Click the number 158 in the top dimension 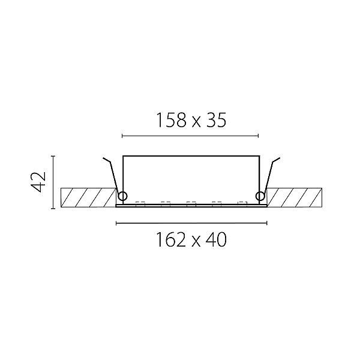[x=171, y=120]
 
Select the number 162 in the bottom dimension [x=171, y=239]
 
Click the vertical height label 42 [x=38, y=182]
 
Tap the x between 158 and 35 [x=196, y=122]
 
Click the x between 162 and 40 [x=196, y=242]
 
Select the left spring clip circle [x=122, y=196]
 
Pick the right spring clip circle [x=260, y=196]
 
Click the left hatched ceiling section [x=88, y=197]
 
